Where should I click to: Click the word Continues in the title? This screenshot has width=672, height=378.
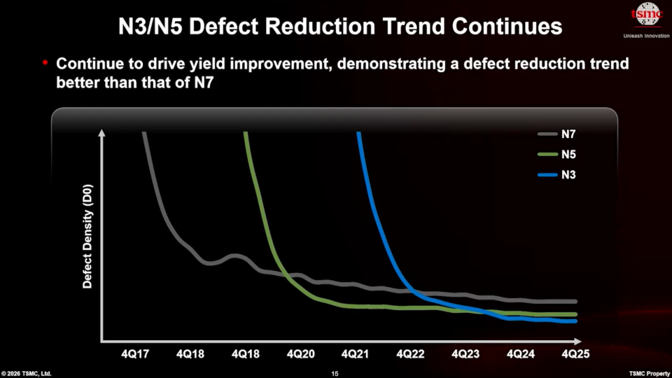coord(507,26)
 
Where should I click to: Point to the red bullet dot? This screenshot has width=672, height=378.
coord(45,63)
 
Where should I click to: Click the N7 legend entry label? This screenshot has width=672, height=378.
coord(568,134)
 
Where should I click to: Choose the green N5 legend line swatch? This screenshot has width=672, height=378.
coord(547,154)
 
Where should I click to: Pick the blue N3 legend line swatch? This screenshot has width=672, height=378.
coord(547,175)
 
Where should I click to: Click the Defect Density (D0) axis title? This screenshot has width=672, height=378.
coord(87,236)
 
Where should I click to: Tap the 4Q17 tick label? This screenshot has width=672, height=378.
coord(135,354)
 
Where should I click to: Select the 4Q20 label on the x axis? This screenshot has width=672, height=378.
coord(300,354)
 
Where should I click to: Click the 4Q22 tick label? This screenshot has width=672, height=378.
coord(411,354)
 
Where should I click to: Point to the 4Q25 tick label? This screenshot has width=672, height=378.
coord(575,354)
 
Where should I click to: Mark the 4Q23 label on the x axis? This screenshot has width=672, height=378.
coord(465,354)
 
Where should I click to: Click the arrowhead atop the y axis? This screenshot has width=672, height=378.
coord(101,133)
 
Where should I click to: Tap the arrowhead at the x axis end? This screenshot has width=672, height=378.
coord(577,342)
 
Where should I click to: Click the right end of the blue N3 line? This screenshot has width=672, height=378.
coord(576,321)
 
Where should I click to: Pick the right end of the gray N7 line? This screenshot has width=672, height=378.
coord(576,302)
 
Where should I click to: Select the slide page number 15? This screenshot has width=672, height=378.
coord(335,374)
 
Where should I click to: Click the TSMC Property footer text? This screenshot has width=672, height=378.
coord(650,374)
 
